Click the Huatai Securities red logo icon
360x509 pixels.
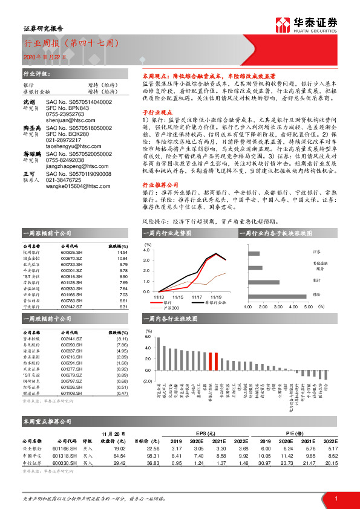[282, 24]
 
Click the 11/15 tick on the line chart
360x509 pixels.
[178, 297]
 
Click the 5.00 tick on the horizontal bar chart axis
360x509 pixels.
[307, 306]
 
